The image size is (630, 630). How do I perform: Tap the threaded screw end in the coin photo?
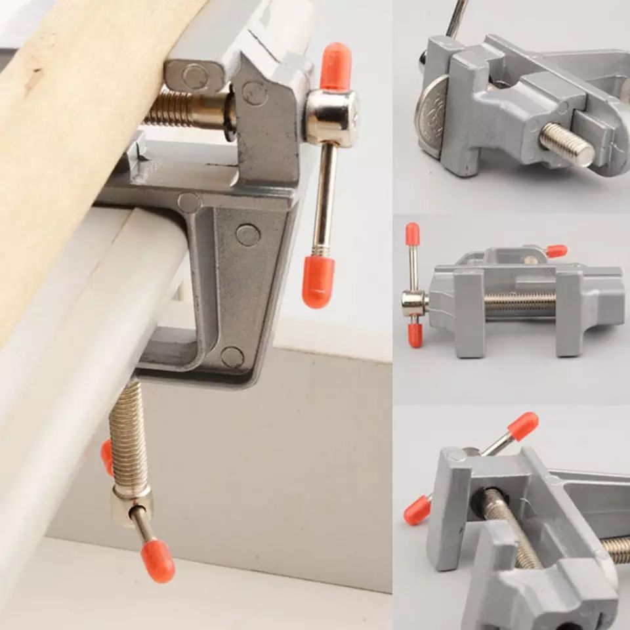[567, 143]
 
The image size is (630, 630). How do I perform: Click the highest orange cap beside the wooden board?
[335, 66]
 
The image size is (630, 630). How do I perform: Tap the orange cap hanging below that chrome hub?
[318, 281]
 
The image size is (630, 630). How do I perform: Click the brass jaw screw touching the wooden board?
[187, 108]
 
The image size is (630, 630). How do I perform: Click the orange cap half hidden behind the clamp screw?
[107, 456]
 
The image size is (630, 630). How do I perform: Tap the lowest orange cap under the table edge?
[158, 561]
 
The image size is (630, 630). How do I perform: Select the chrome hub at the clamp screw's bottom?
[131, 502]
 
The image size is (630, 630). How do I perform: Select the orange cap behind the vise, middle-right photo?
[556, 251]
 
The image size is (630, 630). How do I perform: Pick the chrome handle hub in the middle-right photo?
[414, 302]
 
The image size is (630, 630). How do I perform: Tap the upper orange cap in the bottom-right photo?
[523, 426]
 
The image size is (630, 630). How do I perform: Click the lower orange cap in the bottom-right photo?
[417, 510]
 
